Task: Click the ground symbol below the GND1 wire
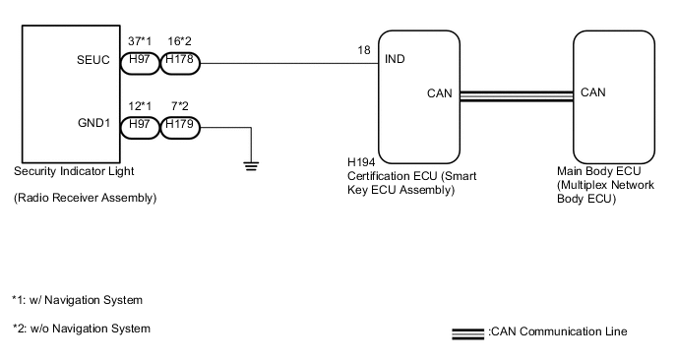click(x=251, y=165)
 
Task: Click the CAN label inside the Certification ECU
click(x=440, y=94)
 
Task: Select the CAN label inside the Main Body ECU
click(x=593, y=93)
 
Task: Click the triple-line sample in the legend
click(x=467, y=332)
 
